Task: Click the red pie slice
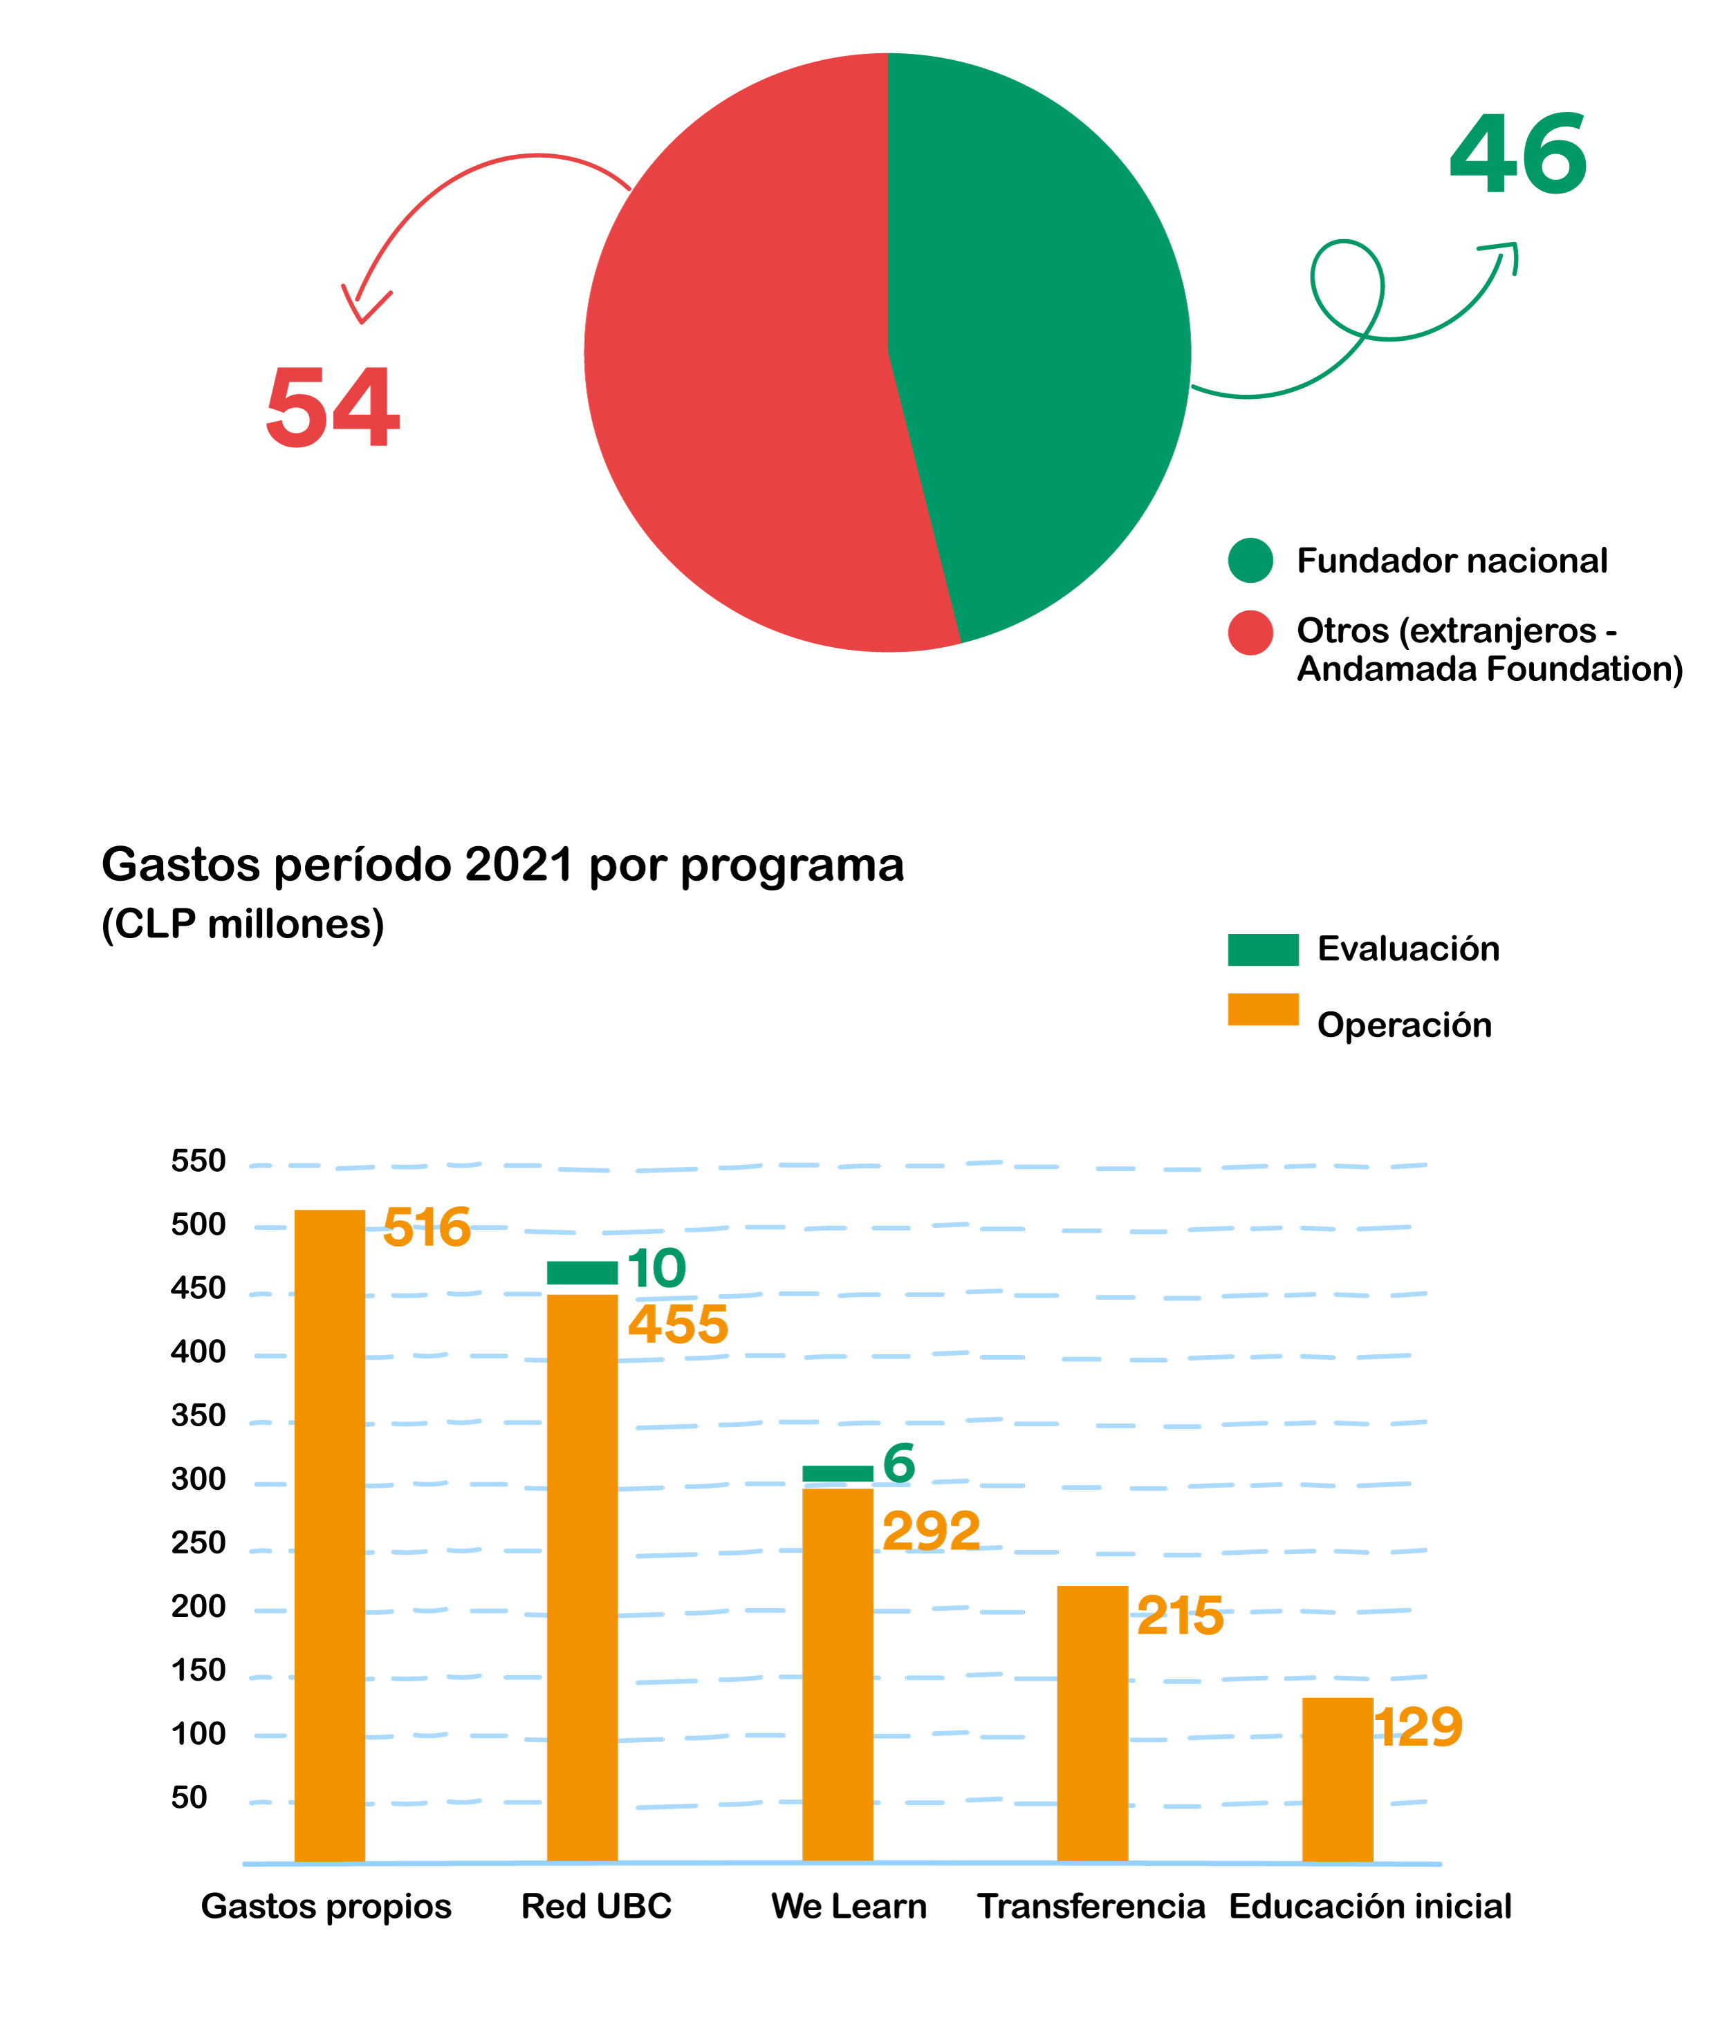(740, 390)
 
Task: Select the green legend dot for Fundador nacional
(1250, 560)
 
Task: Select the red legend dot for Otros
(1250, 633)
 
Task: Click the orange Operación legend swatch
(1262, 1009)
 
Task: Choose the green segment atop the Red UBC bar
(582, 1272)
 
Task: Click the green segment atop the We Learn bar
(837, 1473)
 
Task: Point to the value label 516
(427, 1227)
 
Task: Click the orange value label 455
(678, 1325)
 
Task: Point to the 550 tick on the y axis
(198, 1161)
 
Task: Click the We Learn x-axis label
(849, 1906)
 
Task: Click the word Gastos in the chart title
(181, 865)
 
